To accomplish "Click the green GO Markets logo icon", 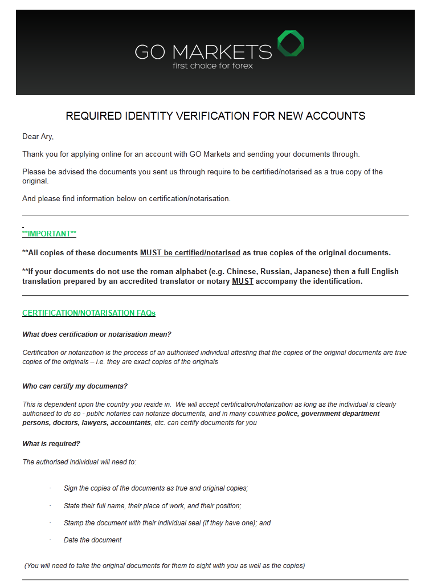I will click(x=291, y=44).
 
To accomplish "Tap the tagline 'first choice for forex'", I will click(x=212, y=66).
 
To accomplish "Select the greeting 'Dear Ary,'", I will click(x=38, y=136).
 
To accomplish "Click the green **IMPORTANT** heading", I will click(x=49, y=234).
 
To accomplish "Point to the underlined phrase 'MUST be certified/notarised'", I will click(x=190, y=252).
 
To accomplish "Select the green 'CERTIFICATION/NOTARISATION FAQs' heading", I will click(x=89, y=313).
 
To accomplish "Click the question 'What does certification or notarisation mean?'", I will click(x=97, y=334).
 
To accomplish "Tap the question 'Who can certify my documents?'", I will click(x=75, y=386).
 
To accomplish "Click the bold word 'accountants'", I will click(x=131, y=423).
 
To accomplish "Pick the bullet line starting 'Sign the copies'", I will click(x=156, y=488).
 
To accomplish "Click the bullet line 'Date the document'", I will click(x=92, y=540).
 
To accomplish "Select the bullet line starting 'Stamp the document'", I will click(x=167, y=522).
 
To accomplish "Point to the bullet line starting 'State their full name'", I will click(x=152, y=505).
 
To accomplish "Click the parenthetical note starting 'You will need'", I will click(x=165, y=566).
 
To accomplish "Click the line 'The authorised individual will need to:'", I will click(x=79, y=462).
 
